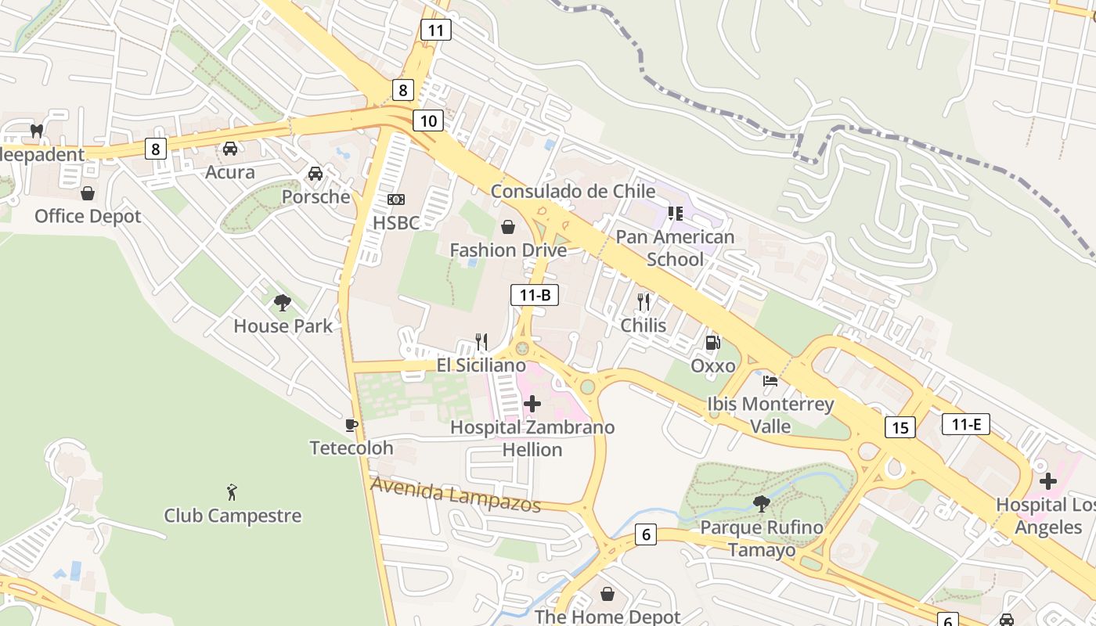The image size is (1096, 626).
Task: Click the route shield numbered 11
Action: [435, 31]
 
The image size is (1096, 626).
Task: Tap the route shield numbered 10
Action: [427, 121]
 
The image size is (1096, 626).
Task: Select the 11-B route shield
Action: [535, 295]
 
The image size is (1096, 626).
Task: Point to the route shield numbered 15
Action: [900, 427]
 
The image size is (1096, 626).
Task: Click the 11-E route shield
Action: [966, 425]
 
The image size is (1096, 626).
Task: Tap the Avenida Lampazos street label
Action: [456, 495]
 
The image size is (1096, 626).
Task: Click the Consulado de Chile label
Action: [572, 192]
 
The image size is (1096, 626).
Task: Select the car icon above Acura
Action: [230, 149]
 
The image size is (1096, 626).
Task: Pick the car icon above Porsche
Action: [315, 173]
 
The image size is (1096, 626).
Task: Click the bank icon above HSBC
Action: [396, 200]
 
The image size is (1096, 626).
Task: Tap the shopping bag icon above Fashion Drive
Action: [508, 227]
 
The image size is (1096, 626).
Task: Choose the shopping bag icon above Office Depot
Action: [88, 192]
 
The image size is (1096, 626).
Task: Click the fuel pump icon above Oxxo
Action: [712, 342]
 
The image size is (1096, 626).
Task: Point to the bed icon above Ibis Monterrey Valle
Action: [770, 381]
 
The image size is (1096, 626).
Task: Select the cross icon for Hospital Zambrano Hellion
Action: [532, 404]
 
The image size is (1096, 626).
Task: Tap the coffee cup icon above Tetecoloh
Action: [352, 425]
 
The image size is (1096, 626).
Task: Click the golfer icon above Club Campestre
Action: [232, 492]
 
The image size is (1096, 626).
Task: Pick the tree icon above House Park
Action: [283, 302]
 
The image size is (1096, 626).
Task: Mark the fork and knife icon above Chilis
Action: [644, 301]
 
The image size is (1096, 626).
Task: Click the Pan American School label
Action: [675, 247]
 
